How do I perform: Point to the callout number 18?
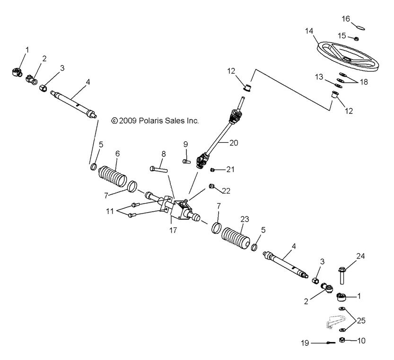click(363, 82)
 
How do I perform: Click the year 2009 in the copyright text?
click(128, 120)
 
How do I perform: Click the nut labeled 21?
click(213, 170)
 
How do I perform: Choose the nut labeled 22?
click(211, 187)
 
